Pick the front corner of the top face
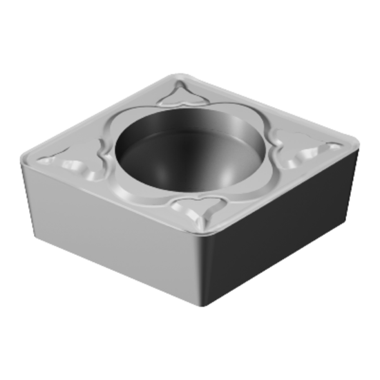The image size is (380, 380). click(200, 235)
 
